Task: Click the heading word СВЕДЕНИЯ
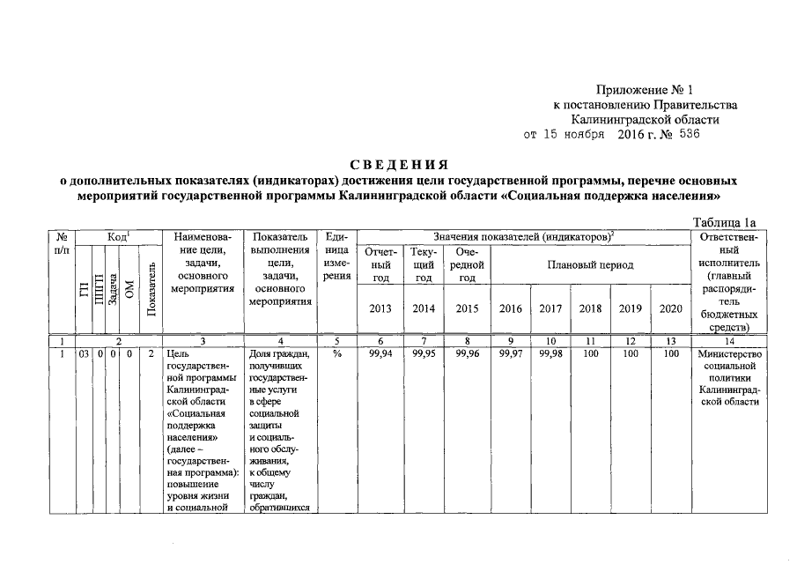pyautogui.click(x=399, y=165)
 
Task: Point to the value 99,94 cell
pyautogui.click(x=380, y=353)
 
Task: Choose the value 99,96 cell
pyautogui.click(x=467, y=353)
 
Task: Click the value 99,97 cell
pyautogui.click(x=510, y=353)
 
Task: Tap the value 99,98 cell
pyautogui.click(x=550, y=353)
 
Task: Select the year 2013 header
pyautogui.click(x=380, y=308)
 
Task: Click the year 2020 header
pyautogui.click(x=670, y=308)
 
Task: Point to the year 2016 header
pyautogui.click(x=510, y=308)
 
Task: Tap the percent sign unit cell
pyautogui.click(x=336, y=353)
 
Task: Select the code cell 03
pyautogui.click(x=84, y=353)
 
